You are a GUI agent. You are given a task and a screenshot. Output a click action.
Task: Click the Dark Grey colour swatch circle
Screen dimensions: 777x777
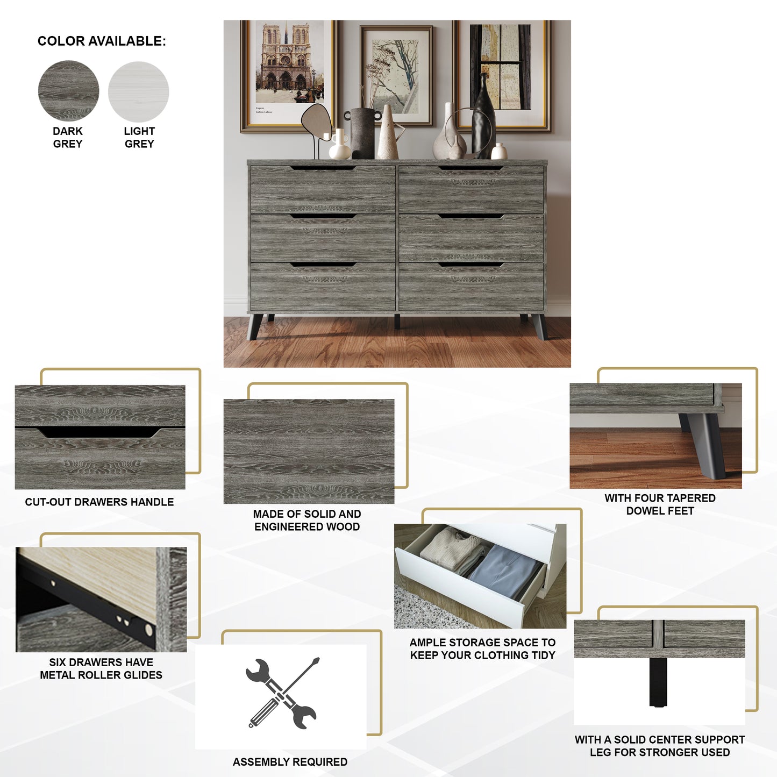68,90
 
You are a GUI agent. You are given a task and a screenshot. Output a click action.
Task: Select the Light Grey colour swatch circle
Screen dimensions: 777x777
139,91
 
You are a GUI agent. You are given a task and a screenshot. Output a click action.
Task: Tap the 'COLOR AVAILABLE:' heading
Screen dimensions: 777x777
102,41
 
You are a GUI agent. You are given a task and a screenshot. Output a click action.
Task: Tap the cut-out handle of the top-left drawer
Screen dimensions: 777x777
323,168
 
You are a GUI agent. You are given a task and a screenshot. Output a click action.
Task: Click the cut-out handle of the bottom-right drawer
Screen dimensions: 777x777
471,265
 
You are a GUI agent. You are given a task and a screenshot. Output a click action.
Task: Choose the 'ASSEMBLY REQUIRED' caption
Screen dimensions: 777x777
290,762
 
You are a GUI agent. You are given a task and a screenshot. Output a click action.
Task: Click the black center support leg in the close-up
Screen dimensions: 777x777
658,682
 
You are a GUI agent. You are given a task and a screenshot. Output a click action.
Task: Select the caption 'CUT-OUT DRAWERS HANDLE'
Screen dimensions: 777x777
99,502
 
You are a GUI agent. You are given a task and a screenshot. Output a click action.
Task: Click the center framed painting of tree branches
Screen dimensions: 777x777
397,75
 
